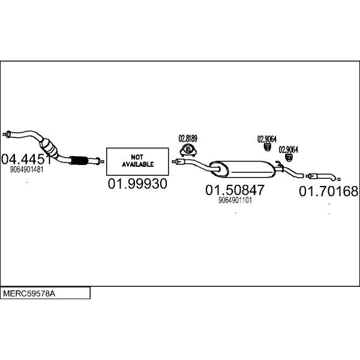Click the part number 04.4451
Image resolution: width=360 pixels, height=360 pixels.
click(x=26, y=159)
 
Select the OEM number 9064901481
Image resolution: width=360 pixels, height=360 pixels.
click(x=26, y=169)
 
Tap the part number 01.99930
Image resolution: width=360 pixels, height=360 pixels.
click(x=137, y=184)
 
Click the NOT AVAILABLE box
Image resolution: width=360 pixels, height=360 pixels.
click(x=137, y=161)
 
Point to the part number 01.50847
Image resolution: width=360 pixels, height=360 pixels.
click(x=235, y=190)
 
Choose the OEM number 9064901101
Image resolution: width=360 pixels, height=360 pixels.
click(x=235, y=200)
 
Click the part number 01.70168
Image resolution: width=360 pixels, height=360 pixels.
click(x=329, y=191)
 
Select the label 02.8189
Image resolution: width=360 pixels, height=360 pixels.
click(x=188, y=139)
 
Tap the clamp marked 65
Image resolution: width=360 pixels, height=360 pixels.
click(x=188, y=150)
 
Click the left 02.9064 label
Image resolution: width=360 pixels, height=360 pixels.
click(x=267, y=139)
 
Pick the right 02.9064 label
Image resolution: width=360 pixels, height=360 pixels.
click(x=288, y=149)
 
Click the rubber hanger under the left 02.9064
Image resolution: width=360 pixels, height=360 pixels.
click(x=267, y=148)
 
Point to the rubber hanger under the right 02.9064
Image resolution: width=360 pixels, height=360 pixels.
click(x=289, y=158)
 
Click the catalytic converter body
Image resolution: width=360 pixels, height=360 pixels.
click(x=49, y=148)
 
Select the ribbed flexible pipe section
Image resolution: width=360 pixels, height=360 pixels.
click(x=79, y=160)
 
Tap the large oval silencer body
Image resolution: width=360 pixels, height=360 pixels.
click(x=242, y=169)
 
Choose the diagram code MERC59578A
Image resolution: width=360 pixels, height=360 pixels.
click(x=29, y=293)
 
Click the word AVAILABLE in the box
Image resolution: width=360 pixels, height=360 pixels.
click(x=138, y=164)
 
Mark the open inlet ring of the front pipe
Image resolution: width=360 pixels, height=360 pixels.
click(x=8, y=134)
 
